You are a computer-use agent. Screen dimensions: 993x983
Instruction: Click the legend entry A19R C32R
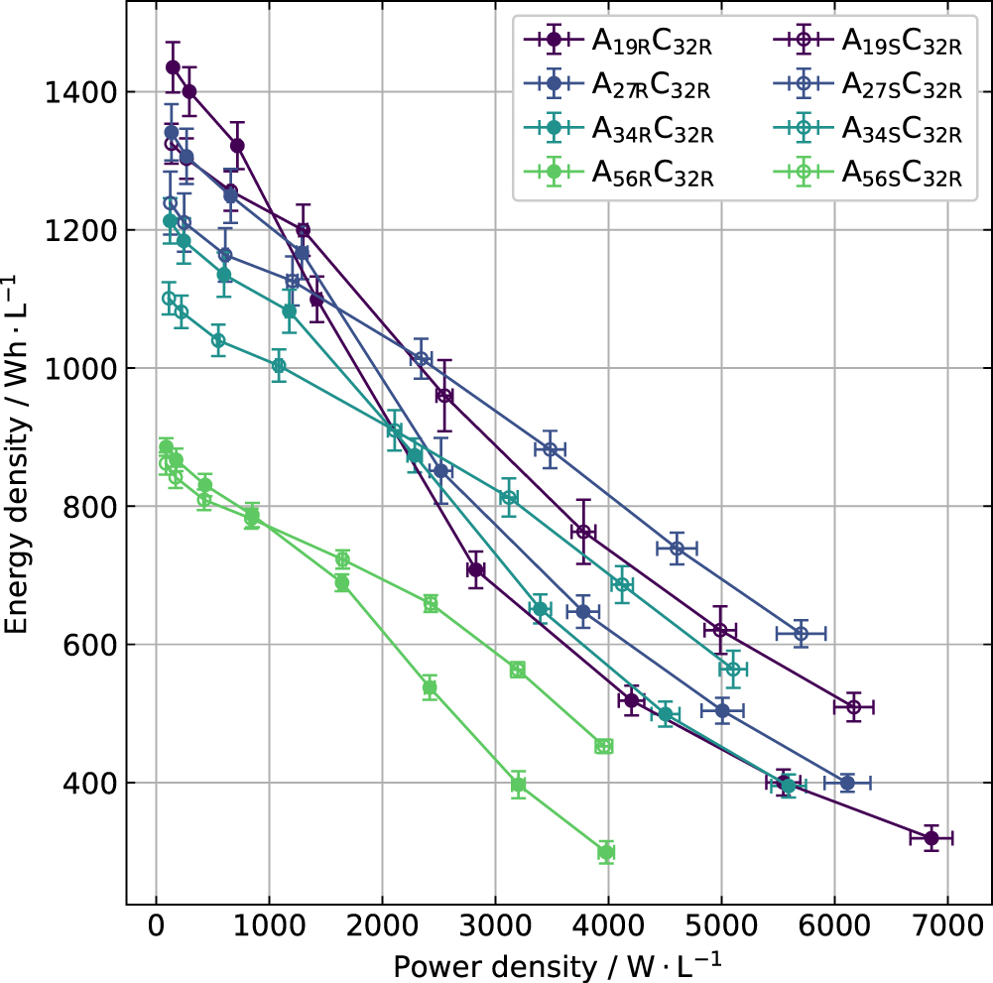coord(652,42)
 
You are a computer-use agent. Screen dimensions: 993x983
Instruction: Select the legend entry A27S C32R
coord(902,85)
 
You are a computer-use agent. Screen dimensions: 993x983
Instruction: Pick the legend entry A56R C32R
coord(653,173)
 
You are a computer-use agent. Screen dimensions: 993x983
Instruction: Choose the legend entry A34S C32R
coord(902,129)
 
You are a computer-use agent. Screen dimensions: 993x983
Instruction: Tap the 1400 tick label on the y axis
coord(71,92)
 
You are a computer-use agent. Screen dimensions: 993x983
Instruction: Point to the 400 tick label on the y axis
coord(81,784)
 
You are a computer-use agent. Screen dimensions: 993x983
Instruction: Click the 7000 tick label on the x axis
coord(946,926)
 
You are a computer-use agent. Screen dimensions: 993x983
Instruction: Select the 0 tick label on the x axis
coord(157,926)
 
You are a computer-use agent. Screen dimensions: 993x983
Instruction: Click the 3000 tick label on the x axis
coord(495,926)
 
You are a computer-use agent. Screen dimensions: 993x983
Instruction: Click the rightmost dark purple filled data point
coord(931,838)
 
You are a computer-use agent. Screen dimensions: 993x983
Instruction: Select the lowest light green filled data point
coord(606,852)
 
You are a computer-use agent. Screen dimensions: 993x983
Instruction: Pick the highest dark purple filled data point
coord(173,67)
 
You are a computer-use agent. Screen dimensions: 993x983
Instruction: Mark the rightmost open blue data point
coord(802,633)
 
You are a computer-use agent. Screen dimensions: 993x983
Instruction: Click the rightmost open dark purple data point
coord(854,707)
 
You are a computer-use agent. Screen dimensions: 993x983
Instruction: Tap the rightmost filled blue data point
coord(847,783)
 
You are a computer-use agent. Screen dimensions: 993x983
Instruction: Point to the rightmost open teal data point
coord(733,669)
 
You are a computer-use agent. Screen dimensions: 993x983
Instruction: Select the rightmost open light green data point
coord(604,746)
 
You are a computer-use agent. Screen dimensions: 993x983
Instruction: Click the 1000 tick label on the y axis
coord(71,369)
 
